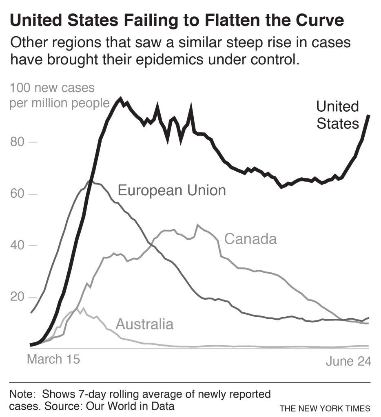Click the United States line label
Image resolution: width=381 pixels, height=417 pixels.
click(x=337, y=115)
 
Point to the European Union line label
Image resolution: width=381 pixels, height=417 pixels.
click(x=171, y=190)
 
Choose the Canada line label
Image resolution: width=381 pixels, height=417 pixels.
click(x=250, y=239)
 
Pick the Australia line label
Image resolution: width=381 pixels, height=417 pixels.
click(x=144, y=324)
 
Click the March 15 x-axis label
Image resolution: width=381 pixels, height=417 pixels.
click(x=53, y=359)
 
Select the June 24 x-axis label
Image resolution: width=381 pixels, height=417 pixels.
click(x=348, y=362)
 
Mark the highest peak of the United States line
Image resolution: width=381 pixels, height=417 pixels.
click(x=120, y=98)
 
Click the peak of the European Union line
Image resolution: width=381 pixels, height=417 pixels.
click(x=91, y=181)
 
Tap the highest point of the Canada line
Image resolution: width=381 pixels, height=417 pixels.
click(x=198, y=225)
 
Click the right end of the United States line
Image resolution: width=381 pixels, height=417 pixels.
click(x=368, y=115)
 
